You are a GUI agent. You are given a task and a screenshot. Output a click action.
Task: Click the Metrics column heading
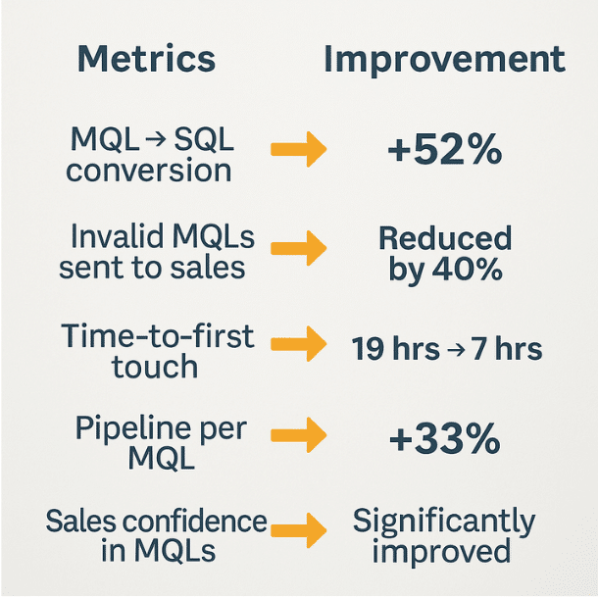pos(147,59)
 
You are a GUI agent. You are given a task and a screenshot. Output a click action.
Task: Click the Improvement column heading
pos(444,59)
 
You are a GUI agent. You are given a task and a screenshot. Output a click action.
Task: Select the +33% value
pos(444,440)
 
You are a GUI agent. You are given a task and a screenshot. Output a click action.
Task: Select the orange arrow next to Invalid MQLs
pos(298,248)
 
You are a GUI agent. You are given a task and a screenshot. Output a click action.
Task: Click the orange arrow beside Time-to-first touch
pos(298,345)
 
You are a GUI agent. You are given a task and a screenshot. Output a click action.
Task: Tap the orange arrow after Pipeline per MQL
pos(298,439)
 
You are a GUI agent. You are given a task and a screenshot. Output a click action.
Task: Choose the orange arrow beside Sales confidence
pos(298,533)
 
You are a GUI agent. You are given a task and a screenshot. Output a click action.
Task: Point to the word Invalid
pos(111,237)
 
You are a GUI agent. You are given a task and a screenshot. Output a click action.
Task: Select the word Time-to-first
pos(158,336)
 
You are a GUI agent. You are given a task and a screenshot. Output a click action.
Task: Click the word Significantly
pos(444,521)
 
